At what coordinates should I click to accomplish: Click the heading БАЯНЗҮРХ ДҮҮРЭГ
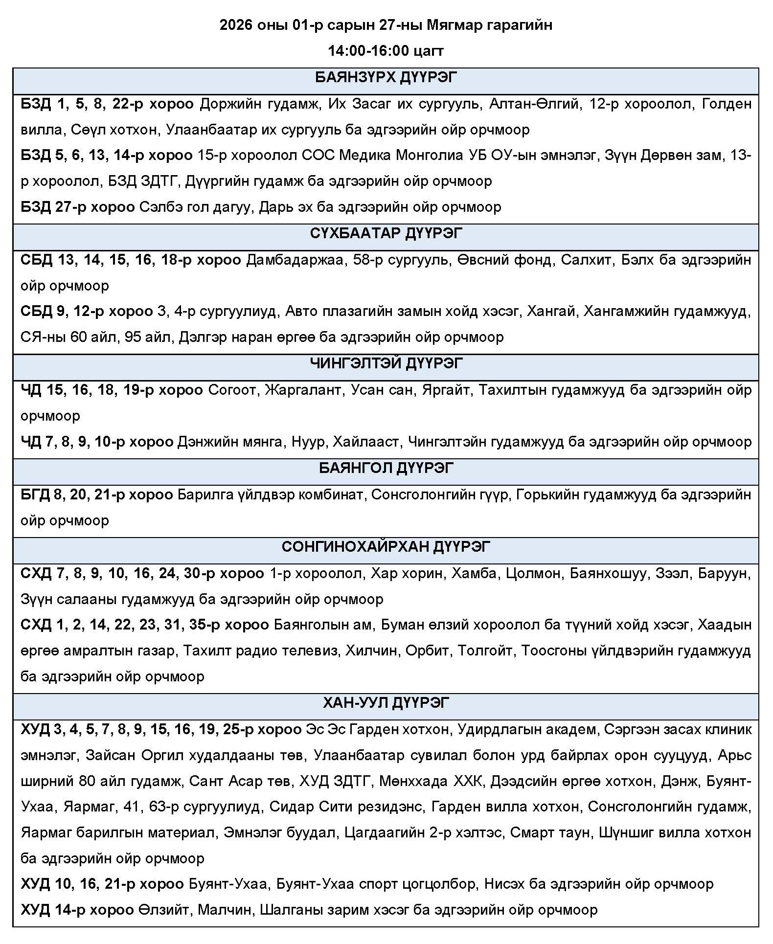tap(386, 78)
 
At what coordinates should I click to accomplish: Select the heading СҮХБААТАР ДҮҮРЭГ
tap(386, 233)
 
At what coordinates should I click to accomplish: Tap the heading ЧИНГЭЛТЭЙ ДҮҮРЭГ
tap(386, 363)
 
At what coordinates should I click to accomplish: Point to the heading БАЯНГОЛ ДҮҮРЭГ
tap(386, 468)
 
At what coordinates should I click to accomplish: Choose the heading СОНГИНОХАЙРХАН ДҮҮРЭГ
tap(386, 546)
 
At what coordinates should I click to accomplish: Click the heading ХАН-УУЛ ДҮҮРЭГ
tap(386, 703)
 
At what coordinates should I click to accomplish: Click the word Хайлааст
tap(365, 442)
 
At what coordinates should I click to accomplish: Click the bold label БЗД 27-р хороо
tap(77, 207)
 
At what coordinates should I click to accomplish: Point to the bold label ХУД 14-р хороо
tap(77, 910)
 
